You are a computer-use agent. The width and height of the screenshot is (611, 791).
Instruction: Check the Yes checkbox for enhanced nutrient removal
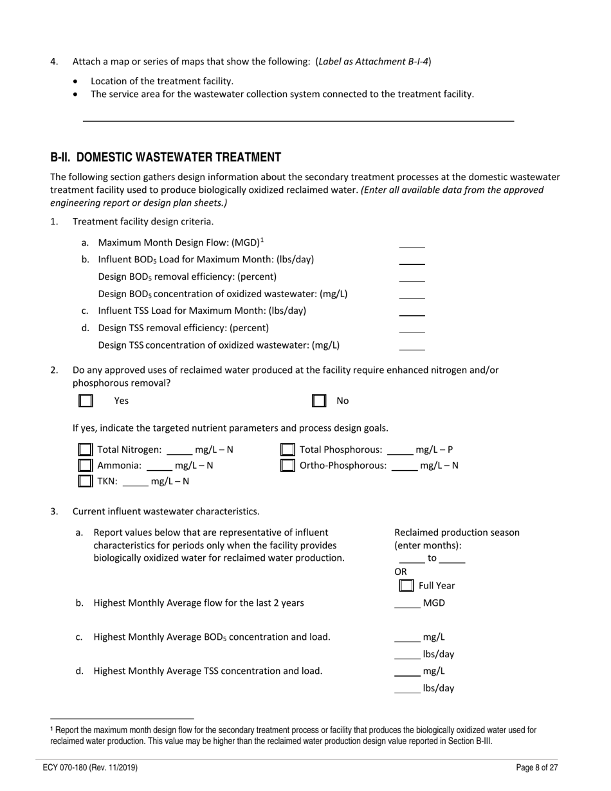86,401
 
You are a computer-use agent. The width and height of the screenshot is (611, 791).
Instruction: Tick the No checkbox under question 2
319,401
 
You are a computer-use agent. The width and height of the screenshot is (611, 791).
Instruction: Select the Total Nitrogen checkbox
85,450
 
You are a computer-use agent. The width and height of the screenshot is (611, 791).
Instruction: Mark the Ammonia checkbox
85,465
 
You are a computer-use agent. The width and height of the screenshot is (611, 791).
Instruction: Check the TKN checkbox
85,480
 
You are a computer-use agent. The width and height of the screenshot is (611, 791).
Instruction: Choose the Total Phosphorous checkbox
288,450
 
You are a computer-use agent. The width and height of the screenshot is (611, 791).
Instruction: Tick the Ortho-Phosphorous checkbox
288,465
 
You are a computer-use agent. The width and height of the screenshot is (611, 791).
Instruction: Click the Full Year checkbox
406,585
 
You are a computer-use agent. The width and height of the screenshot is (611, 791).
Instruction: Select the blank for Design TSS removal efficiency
412,329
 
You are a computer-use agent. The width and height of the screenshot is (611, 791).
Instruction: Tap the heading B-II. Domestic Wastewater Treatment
165,158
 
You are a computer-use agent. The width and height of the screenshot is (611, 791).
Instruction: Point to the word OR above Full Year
401,572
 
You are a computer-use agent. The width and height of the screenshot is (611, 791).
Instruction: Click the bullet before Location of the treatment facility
77,82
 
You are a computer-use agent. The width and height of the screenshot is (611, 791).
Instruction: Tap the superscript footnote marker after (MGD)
262,240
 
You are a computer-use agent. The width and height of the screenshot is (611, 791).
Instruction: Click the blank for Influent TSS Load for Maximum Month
412,311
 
